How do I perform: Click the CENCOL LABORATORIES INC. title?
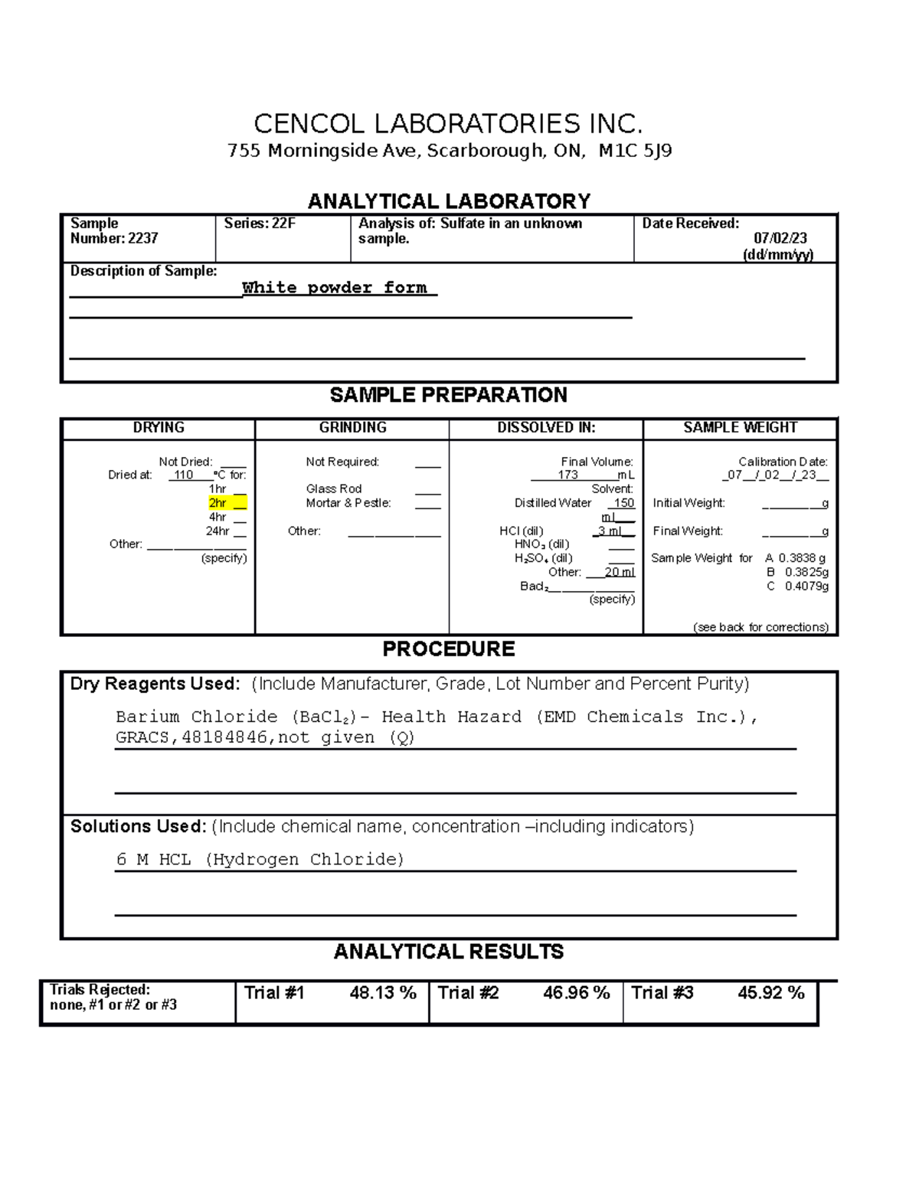coord(448,123)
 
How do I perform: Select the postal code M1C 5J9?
coord(635,151)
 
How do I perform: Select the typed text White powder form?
coord(335,288)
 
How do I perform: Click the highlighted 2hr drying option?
coord(218,503)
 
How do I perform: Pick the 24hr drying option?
coord(217,531)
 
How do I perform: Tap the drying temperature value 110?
coord(184,475)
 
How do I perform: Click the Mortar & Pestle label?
coord(348,503)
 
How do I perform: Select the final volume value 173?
coord(567,475)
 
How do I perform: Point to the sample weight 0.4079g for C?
coord(806,586)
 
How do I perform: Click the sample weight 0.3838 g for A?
coord(802,558)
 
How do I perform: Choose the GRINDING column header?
coord(352,427)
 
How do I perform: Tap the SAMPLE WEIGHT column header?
coord(740,427)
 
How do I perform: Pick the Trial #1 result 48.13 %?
coord(382,993)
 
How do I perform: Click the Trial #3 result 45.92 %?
coord(770,993)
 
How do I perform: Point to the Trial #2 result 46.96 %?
coord(576,993)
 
